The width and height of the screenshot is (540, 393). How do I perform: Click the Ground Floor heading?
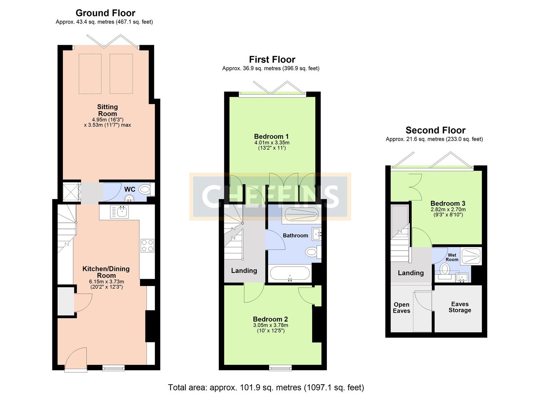click(105, 13)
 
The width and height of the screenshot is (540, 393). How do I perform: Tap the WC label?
click(130, 189)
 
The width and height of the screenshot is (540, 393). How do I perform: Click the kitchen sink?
click(120, 212)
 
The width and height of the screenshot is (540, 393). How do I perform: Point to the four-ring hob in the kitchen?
click(147, 246)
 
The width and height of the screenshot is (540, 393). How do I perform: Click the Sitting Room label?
click(107, 110)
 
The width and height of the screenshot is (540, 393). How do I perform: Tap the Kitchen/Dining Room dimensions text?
click(107, 284)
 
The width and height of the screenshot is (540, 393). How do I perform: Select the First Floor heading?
click(272, 59)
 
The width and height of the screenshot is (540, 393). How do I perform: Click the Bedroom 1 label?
click(271, 136)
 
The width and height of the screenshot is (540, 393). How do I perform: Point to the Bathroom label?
click(295, 235)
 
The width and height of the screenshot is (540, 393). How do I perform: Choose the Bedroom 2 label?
click(270, 319)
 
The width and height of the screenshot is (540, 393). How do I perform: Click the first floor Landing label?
click(244, 271)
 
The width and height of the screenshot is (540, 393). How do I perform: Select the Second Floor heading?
click(435, 130)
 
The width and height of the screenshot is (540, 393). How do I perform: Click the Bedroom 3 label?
click(448, 203)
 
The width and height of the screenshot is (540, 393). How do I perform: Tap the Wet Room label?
click(452, 257)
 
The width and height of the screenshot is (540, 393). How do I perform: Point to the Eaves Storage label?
click(460, 307)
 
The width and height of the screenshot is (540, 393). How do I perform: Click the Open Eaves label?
click(401, 307)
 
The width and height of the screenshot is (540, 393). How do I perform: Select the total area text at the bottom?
click(266, 388)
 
